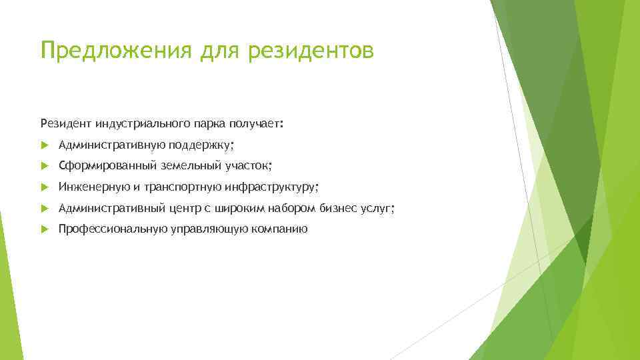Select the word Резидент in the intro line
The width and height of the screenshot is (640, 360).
pos(66,123)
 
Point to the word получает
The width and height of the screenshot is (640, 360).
pos(255,123)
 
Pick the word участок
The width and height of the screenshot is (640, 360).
pos(248,166)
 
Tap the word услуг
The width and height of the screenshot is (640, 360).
pos(377,209)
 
